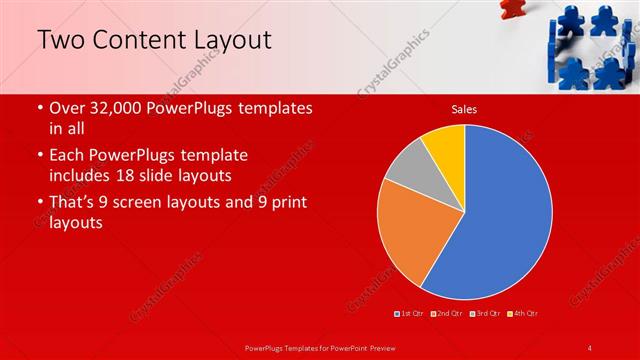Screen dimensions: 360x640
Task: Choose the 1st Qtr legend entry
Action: (411, 314)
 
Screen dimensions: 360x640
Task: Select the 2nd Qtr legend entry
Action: (447, 314)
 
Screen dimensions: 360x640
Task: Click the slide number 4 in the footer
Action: (590, 347)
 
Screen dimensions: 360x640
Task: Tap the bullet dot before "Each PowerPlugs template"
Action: (39, 156)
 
